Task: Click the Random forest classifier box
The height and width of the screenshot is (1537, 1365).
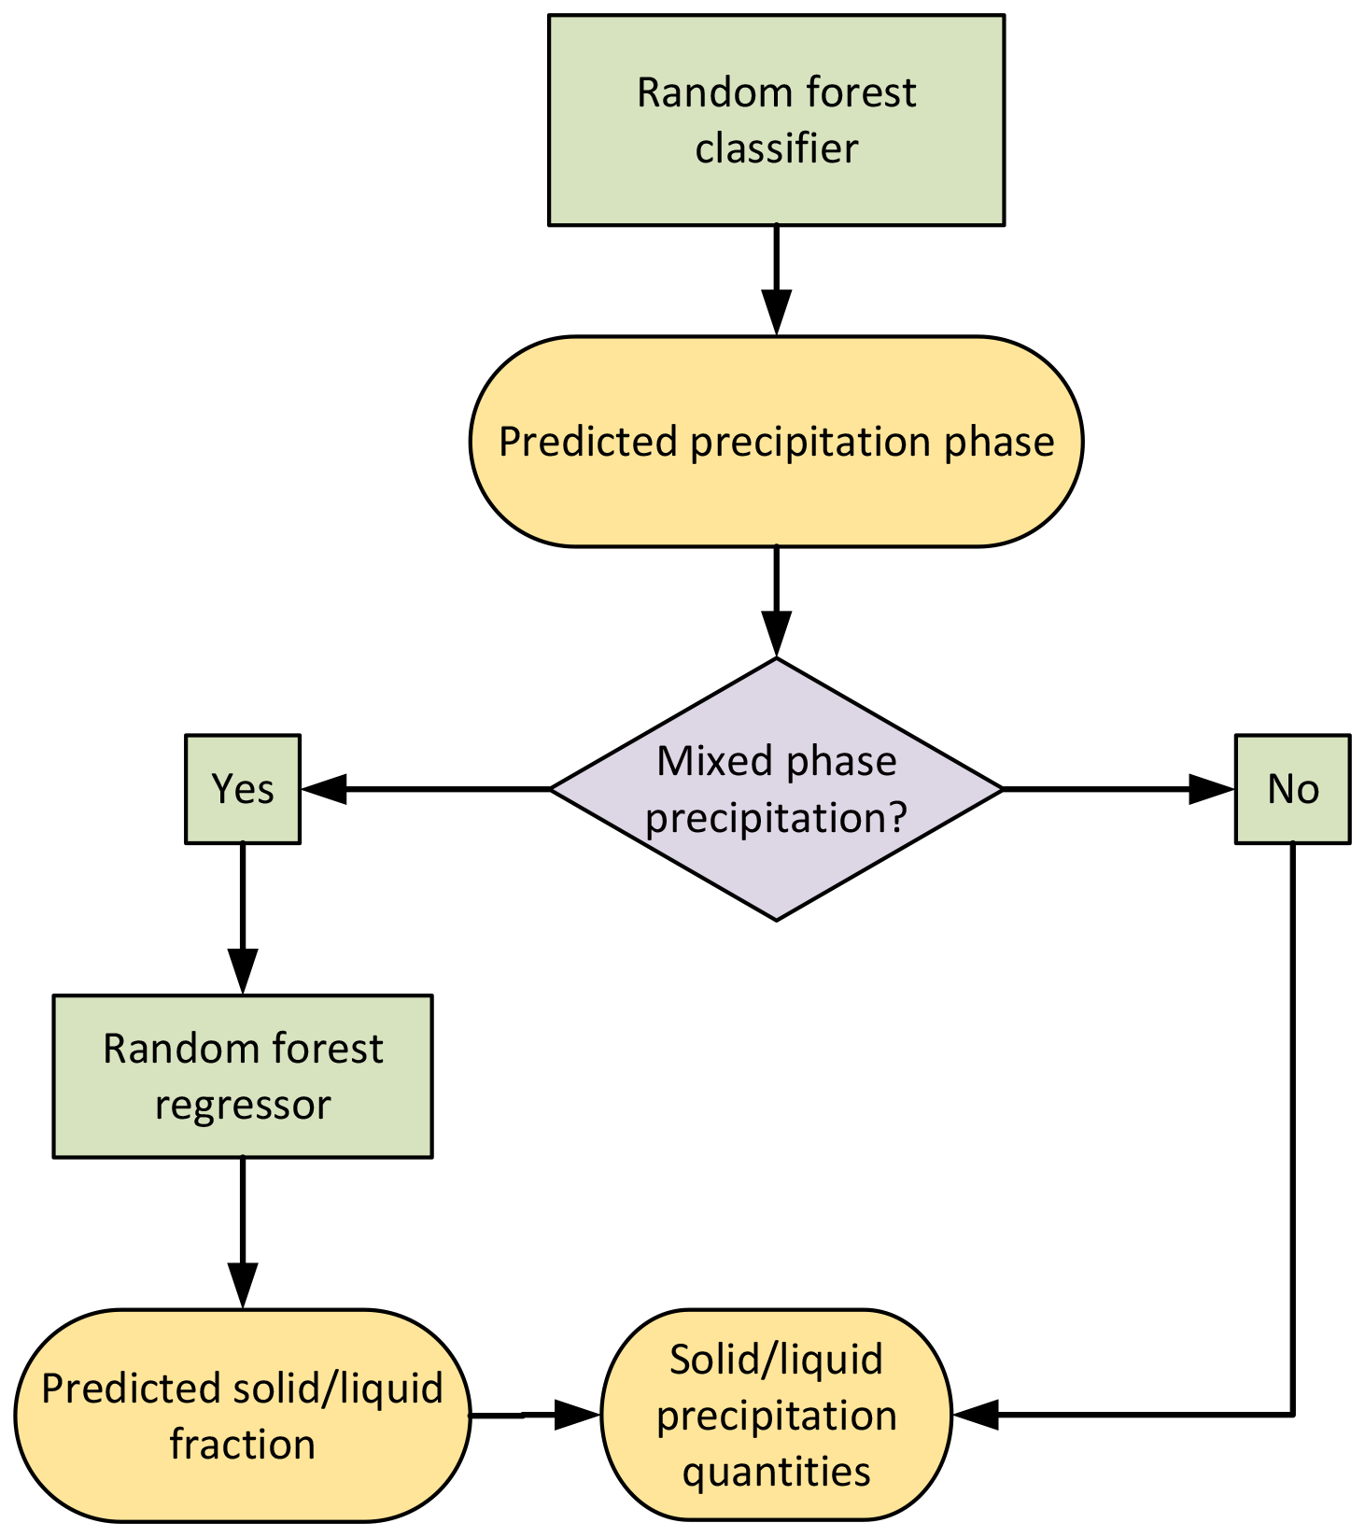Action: click(776, 120)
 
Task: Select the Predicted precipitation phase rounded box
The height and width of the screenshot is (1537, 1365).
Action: click(776, 442)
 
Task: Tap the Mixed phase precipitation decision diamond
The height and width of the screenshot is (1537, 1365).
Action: click(776, 789)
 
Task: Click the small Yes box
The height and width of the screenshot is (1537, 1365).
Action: click(243, 789)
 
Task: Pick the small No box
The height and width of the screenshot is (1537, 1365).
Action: click(1292, 789)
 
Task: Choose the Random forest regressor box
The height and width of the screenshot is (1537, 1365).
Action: click(243, 1076)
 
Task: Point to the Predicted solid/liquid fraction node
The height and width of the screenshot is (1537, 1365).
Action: click(243, 1416)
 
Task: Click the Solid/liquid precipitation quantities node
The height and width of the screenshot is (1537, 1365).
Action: click(776, 1416)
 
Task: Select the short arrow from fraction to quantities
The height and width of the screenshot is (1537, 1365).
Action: click(534, 1415)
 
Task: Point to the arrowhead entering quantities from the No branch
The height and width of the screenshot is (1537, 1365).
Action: click(975, 1415)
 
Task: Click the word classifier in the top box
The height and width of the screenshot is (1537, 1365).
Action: click(776, 148)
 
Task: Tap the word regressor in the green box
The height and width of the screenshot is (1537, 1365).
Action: click(243, 1105)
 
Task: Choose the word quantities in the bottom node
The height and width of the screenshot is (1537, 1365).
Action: click(776, 1472)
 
